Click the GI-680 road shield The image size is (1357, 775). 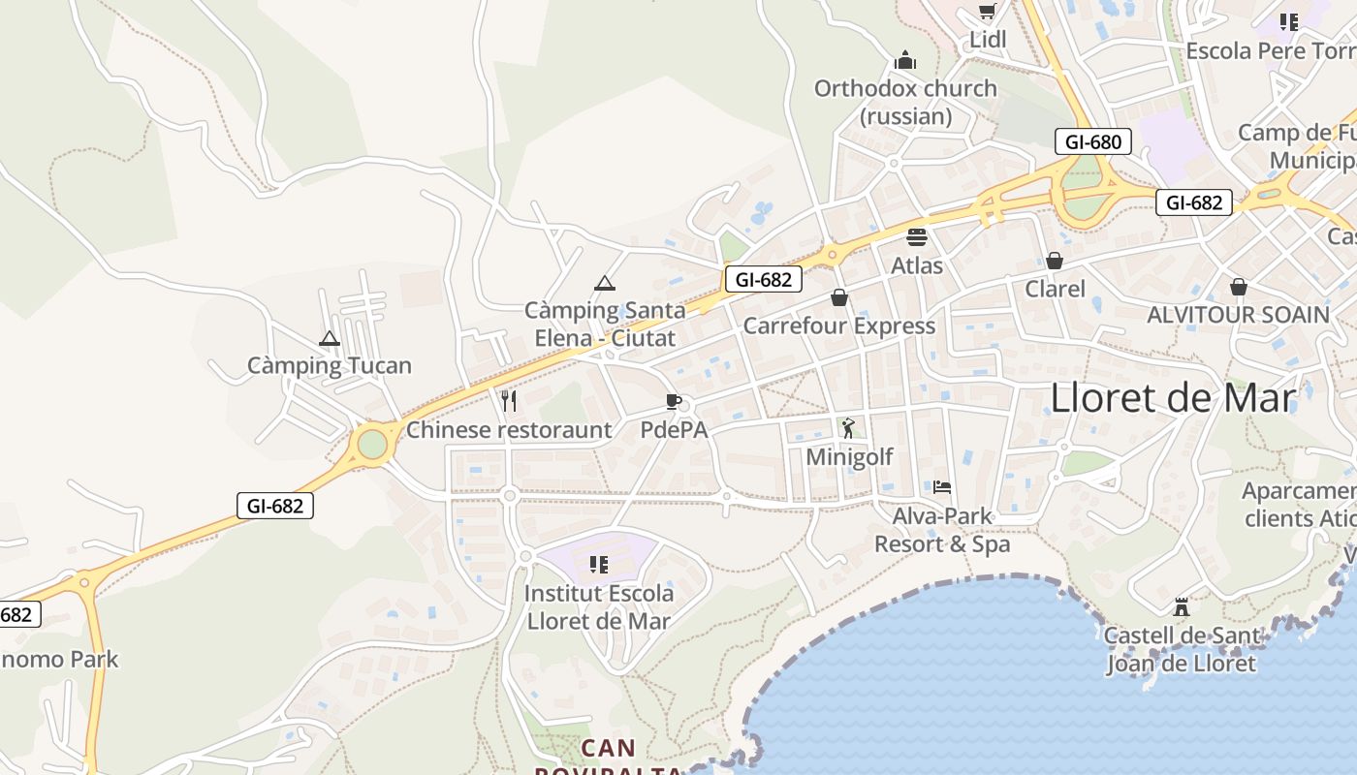[1092, 142]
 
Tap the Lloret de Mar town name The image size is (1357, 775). [1173, 398]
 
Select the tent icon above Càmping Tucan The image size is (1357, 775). [330, 339]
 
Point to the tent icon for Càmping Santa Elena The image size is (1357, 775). [605, 283]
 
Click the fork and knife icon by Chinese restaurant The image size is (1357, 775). [509, 400]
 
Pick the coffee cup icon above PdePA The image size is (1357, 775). [674, 401]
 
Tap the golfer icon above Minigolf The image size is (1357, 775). [849, 427]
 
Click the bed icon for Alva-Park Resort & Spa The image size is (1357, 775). [942, 486]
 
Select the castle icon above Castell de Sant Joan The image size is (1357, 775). [1181, 607]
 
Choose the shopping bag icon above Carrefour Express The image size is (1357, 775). [839, 297]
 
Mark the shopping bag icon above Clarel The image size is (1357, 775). [1055, 261]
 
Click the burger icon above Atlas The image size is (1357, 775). [917, 236]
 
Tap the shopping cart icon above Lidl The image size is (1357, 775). [988, 12]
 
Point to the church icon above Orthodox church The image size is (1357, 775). [905, 61]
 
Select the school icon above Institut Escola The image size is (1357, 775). [599, 564]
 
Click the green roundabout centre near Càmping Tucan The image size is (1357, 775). [372, 445]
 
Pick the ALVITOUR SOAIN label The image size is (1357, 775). [1238, 315]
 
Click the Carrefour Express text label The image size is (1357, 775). [839, 325]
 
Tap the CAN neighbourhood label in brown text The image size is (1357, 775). [609, 748]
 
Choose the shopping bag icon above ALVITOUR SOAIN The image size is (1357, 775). [1238, 287]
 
